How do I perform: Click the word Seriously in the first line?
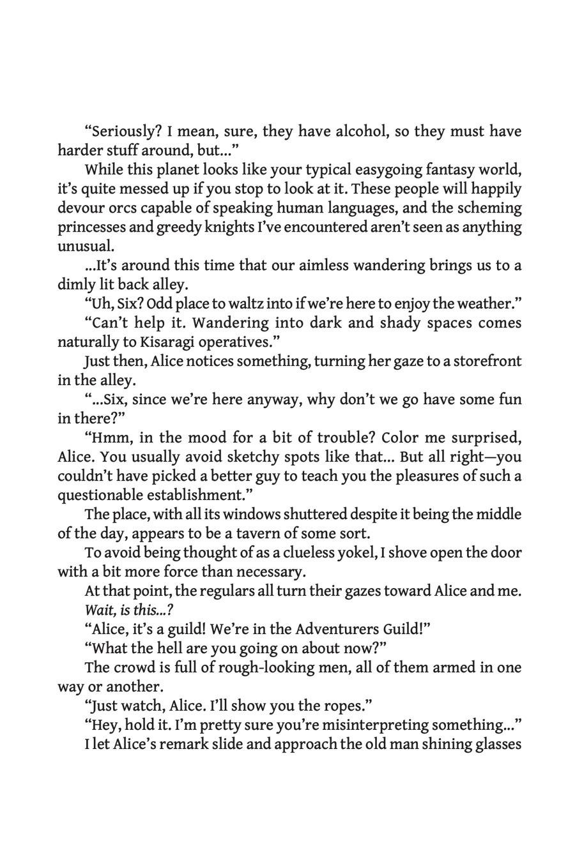click(126, 132)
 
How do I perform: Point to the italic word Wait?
click(97, 610)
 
